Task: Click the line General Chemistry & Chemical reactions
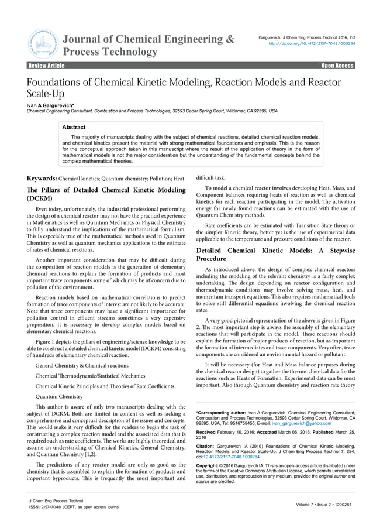click(82, 365)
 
